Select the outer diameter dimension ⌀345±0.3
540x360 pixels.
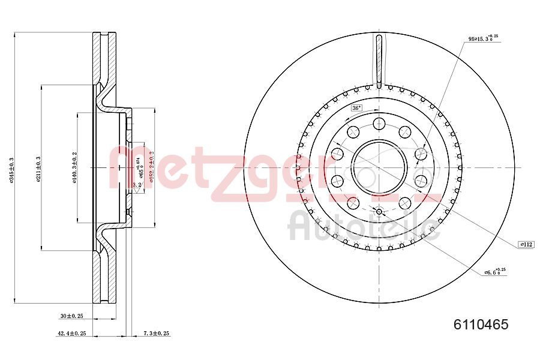click(x=13, y=170)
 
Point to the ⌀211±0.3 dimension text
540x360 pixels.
click(x=38, y=170)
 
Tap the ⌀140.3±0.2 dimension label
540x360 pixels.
click(x=75, y=169)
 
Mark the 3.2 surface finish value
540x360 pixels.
click(x=137, y=185)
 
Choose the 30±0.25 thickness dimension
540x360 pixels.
click(x=71, y=316)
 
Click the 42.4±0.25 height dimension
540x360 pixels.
click(x=71, y=333)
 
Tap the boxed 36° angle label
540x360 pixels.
click(x=356, y=108)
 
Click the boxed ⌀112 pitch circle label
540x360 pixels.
click(x=526, y=244)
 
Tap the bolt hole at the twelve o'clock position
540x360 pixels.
click(x=379, y=124)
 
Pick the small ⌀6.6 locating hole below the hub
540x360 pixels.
click(x=379, y=211)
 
